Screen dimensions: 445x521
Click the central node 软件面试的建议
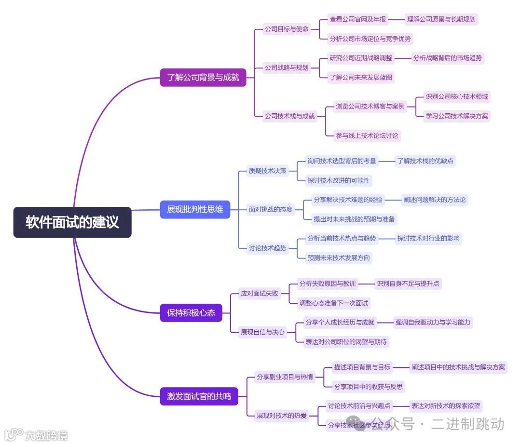[72, 222]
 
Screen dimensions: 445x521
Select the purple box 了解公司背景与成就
[203, 77]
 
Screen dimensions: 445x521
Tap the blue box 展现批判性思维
[195, 209]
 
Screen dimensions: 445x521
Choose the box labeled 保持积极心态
[191, 313]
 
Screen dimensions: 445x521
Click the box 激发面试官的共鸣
[199, 396]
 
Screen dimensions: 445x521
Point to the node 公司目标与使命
[287, 29]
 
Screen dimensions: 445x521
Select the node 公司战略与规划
[287, 67]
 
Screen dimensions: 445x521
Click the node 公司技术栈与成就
[289, 116]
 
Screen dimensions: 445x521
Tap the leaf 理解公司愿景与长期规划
[441, 19]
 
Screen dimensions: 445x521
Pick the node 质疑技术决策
[267, 170]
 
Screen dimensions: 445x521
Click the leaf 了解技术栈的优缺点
[425, 161]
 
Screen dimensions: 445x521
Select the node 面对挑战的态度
[271, 209]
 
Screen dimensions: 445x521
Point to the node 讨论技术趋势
[267, 248]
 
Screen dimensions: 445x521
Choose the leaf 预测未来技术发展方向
[339, 257]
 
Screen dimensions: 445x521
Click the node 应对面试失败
[260, 293]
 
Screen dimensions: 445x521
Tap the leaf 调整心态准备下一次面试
[334, 303]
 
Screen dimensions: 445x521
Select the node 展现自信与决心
[262, 332]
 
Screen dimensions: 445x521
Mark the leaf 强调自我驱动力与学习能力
[433, 322]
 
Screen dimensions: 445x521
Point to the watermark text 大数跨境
[46, 435]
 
